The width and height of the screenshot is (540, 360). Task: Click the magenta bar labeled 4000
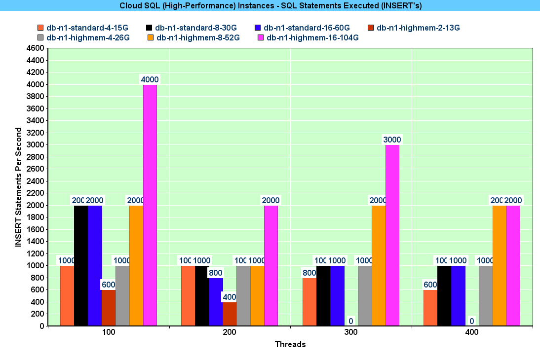pyautogui.click(x=150, y=205)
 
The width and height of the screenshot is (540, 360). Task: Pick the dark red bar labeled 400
pyautogui.click(x=230, y=314)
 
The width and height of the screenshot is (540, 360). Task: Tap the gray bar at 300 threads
pyautogui.click(x=365, y=295)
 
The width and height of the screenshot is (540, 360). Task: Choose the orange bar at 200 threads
pyautogui.click(x=257, y=295)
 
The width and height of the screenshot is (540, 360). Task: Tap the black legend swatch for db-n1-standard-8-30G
pyautogui.click(x=149, y=28)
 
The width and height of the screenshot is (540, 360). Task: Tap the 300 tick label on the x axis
pyautogui.click(x=351, y=333)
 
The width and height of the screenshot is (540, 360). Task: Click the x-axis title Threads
pyautogui.click(x=290, y=345)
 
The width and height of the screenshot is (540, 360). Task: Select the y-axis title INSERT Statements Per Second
pyautogui.click(x=19, y=187)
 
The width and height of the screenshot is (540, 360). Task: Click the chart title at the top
pyautogui.click(x=270, y=5)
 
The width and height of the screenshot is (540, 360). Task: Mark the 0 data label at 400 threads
pyautogui.click(x=472, y=322)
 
